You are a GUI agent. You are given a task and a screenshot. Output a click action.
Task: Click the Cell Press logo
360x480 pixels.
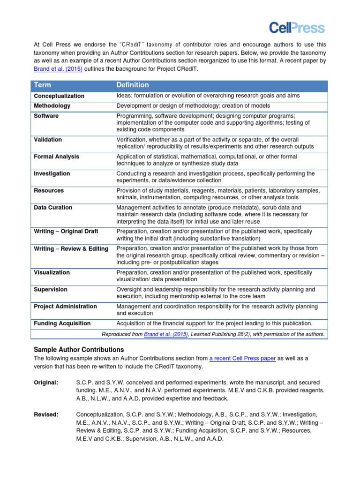pos(297,28)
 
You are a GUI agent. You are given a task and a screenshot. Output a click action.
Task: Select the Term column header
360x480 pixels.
pos(43,85)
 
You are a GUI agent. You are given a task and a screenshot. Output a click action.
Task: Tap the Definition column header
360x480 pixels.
pos(133,85)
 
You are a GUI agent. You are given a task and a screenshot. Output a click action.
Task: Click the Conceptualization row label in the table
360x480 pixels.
pos(59,96)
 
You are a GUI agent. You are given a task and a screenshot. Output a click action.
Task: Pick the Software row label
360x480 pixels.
pos(46,116)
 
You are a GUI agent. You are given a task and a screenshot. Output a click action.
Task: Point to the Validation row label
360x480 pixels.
pos(48,140)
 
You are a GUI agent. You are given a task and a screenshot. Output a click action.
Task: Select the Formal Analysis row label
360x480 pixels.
pos(56,157)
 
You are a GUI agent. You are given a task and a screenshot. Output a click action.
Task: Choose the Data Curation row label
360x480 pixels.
pos(53,207)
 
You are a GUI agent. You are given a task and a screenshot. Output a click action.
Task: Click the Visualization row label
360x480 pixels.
pos(52,272)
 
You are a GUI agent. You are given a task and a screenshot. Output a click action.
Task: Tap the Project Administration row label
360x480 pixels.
pos(65,306)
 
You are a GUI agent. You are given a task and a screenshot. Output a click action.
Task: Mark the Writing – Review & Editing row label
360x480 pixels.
pos(71,248)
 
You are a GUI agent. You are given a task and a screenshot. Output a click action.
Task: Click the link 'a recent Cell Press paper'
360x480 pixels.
pos(242,359)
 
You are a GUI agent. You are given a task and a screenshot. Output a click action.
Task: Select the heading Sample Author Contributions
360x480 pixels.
pos(79,350)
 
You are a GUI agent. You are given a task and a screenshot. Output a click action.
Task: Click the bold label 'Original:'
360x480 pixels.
pos(46,382)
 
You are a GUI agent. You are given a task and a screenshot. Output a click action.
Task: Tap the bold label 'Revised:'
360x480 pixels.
pos(46,414)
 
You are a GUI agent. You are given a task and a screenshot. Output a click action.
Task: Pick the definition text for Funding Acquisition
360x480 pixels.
pos(214,323)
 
